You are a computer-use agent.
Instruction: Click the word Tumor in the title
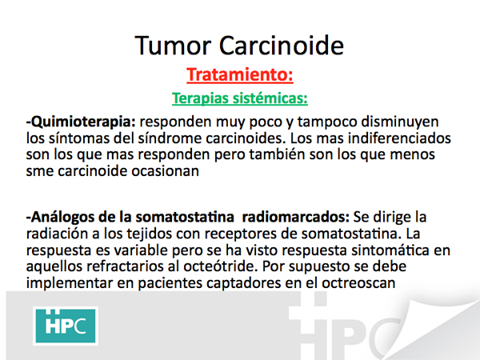coord(173,46)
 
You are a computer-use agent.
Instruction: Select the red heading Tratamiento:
coord(240,74)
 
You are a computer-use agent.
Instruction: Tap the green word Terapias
coord(201,98)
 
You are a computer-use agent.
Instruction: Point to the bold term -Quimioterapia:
coord(81,122)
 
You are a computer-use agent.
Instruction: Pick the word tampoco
coord(327,122)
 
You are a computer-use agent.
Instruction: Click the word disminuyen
coord(400,122)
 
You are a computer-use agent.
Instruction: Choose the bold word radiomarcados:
coord(295,217)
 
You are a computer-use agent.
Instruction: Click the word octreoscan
coord(358,282)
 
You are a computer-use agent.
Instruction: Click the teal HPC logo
coord(66,326)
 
